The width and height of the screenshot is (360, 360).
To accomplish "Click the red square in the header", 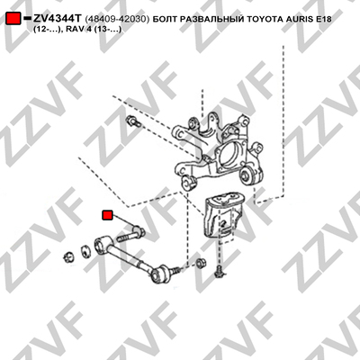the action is pos(13,19).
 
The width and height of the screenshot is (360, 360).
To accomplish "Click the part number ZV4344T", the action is pos(57,19).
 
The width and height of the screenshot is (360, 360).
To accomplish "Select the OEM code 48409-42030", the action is pos(117,19).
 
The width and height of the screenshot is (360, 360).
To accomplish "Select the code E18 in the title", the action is pos(322,19).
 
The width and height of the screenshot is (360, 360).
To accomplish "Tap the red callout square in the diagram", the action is pos(107,215).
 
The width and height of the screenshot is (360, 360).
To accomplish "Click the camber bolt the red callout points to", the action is pos(130,235).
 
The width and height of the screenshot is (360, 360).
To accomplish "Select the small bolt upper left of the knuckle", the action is pos(133,121).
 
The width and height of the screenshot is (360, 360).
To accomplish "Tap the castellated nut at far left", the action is pos(68,256).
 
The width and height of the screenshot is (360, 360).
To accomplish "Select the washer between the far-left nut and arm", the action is pos(86,251).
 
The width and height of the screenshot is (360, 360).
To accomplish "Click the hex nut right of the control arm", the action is pos(201,263).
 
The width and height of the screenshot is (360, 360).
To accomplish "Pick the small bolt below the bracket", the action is pos(219,271).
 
